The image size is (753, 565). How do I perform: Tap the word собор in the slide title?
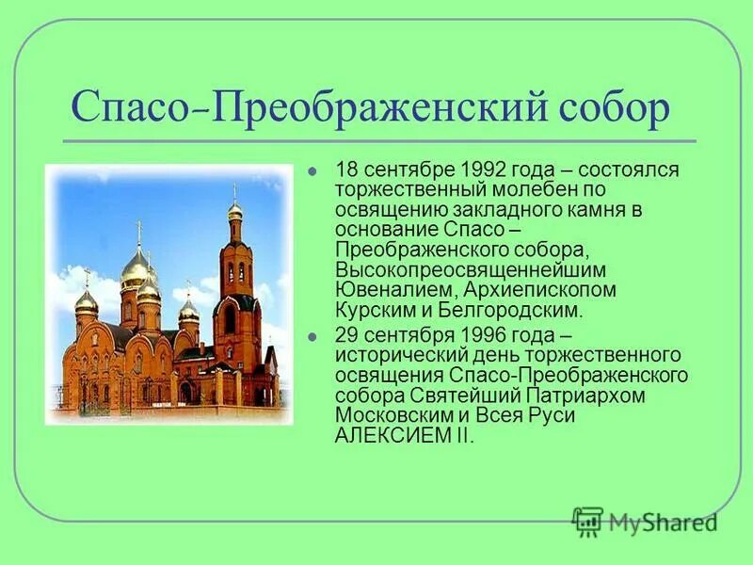tap(616, 109)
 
